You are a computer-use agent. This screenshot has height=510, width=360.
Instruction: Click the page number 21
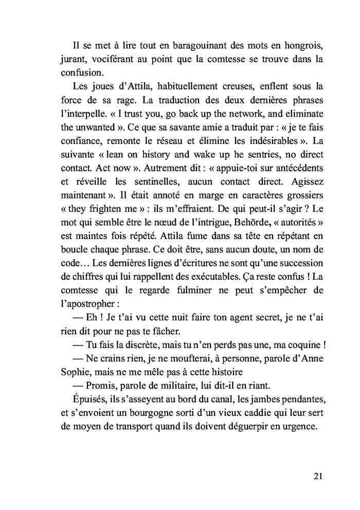[317, 476]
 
